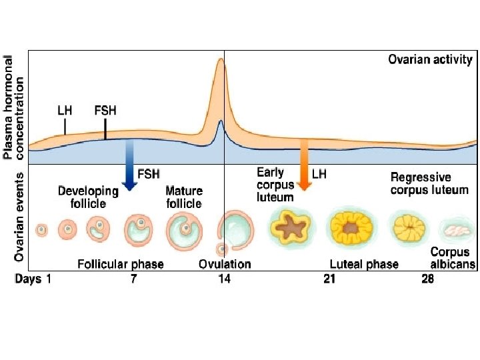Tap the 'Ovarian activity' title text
pyautogui.click(x=430, y=59)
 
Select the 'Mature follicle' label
pyautogui.click(x=183, y=197)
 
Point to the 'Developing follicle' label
pyautogui.click(x=88, y=197)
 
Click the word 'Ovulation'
pyautogui.click(x=225, y=264)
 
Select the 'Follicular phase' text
pyautogui.click(x=121, y=264)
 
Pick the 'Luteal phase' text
pyautogui.click(x=364, y=264)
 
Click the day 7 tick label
pyautogui.click(x=134, y=279)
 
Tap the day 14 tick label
pyautogui.click(x=225, y=279)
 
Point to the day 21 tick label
pyautogui.click(x=329, y=279)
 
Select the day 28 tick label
pyautogui.click(x=427, y=279)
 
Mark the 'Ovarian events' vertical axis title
pyautogui.click(x=19, y=217)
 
